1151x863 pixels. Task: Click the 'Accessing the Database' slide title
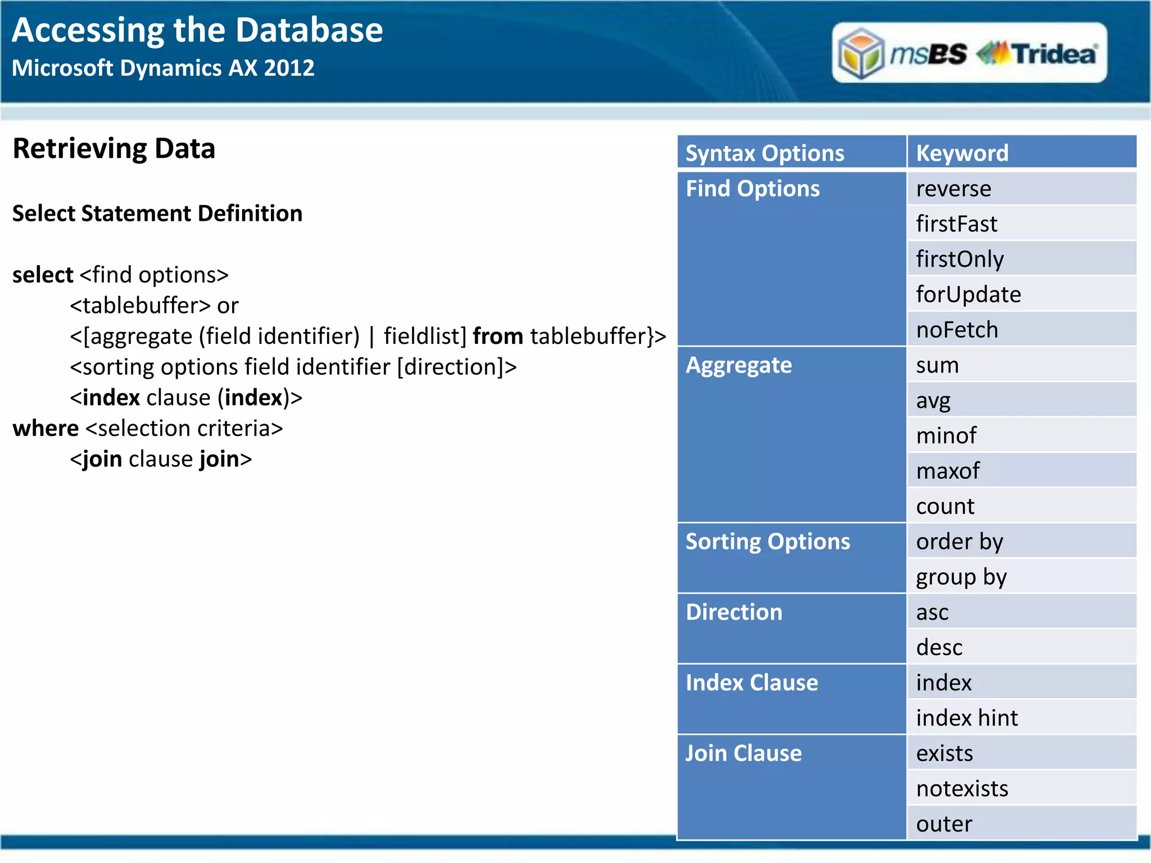click(197, 30)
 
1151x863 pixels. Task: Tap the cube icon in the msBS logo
click(860, 54)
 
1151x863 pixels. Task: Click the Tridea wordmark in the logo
click(1054, 54)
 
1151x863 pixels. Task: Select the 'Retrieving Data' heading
click(114, 149)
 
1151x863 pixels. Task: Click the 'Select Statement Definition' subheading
click(157, 214)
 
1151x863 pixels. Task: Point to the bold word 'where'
click(46, 428)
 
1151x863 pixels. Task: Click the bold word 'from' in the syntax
click(498, 336)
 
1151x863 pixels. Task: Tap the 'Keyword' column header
click(962, 153)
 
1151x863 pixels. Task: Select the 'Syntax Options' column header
click(764, 153)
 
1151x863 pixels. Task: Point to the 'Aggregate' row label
click(738, 365)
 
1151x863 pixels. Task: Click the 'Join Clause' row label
click(743, 753)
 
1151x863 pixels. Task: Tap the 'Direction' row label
click(734, 612)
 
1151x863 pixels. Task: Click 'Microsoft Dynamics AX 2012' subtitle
click(163, 68)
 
